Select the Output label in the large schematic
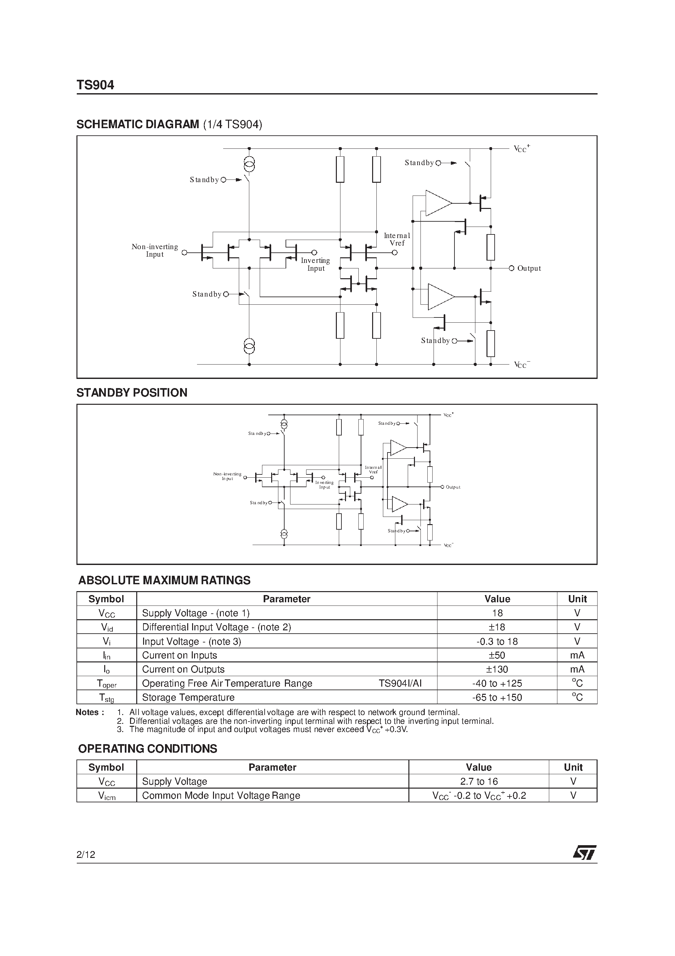(529, 268)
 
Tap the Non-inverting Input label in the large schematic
(155, 250)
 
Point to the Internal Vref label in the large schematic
(397, 239)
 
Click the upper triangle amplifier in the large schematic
(437, 203)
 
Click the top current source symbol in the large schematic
(249, 165)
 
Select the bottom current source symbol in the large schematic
(249, 346)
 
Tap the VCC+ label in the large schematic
(521, 149)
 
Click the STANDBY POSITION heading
(132, 393)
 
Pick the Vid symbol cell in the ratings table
(107, 627)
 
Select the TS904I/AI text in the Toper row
(400, 683)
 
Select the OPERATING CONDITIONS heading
(147, 749)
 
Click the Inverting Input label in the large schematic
(315, 265)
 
